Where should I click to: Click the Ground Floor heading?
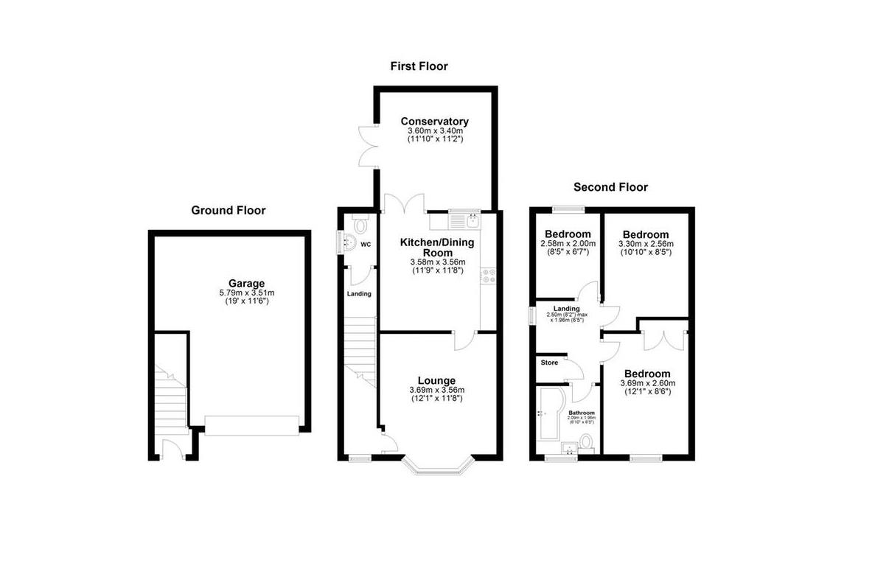(x=229, y=210)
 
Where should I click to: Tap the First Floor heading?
(x=419, y=66)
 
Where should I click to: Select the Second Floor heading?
(x=610, y=187)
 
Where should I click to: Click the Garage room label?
(x=246, y=283)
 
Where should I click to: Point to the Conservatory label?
(x=435, y=122)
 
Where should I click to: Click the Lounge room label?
(x=437, y=380)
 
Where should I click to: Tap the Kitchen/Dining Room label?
(x=437, y=247)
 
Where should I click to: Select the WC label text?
(x=365, y=244)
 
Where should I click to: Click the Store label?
(x=550, y=363)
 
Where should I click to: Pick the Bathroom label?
(x=581, y=413)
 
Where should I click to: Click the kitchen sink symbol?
(x=464, y=220)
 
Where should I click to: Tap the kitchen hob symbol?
(x=488, y=276)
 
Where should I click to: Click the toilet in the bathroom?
(x=587, y=441)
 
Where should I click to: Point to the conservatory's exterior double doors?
(x=367, y=146)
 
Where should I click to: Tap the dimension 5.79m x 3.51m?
(x=246, y=293)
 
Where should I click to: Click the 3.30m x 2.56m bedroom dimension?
(x=646, y=243)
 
